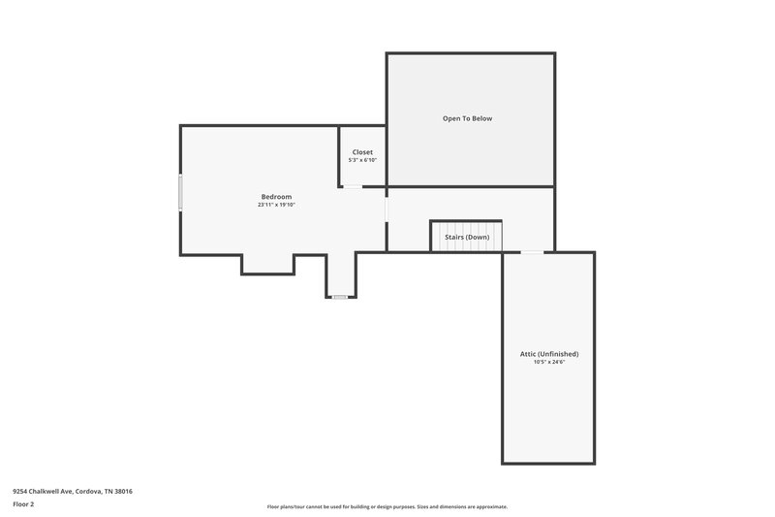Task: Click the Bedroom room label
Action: (x=276, y=197)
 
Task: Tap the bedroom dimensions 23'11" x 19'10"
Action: (x=276, y=206)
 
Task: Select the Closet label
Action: (x=362, y=152)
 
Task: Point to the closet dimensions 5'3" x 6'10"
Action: (x=362, y=160)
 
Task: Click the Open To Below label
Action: (x=468, y=118)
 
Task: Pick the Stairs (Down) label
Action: (x=467, y=237)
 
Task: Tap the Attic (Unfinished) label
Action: (x=548, y=354)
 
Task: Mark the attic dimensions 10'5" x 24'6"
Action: (x=548, y=363)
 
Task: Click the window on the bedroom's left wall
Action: (x=180, y=192)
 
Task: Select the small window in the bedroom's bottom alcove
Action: (x=340, y=297)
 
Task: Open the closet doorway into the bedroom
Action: (x=354, y=186)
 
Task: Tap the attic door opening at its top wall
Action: (x=533, y=252)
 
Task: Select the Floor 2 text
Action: (x=23, y=504)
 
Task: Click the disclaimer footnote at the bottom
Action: (x=387, y=506)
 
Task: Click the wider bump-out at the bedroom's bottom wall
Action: (x=267, y=264)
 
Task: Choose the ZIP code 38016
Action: (x=122, y=491)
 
